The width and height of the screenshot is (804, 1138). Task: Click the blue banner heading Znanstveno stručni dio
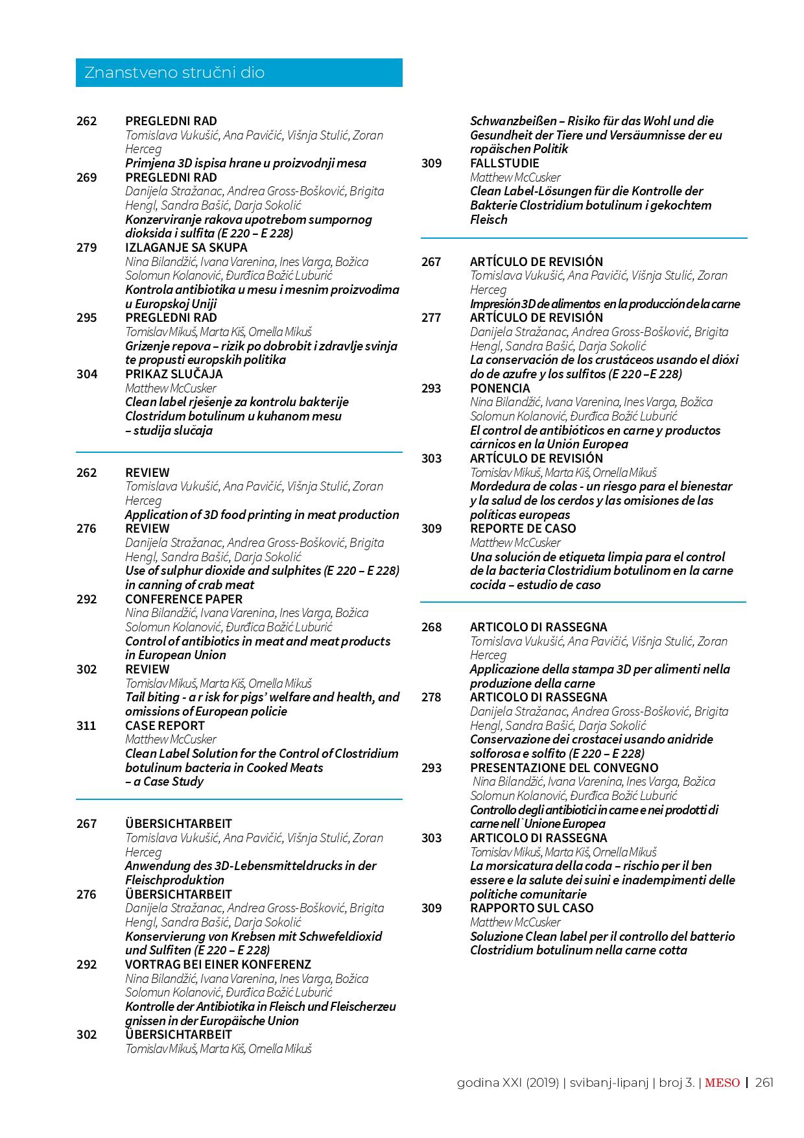pos(239,73)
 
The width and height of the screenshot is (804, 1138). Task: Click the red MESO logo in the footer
pos(722,1082)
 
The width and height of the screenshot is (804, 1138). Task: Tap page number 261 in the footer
pos(764,1082)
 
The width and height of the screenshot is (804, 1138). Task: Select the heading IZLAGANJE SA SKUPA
pos(186,247)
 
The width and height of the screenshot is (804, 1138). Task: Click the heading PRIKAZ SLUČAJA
pos(174,374)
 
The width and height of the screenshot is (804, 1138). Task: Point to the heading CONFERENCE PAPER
pos(184,599)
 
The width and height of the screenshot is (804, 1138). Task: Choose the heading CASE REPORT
pos(165,725)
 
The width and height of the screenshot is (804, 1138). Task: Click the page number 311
pos(86,725)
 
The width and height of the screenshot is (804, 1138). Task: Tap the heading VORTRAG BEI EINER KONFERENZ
pos(218,964)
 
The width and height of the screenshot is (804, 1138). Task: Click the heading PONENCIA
pos(500,388)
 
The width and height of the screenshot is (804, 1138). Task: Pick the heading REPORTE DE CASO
pos(523,528)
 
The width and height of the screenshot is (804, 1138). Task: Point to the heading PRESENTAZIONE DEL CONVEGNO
pos(564,768)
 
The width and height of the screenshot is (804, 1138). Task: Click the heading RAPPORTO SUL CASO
pos(532,908)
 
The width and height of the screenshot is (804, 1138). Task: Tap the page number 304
pos(86,374)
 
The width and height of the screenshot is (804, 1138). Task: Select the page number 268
pos(431,627)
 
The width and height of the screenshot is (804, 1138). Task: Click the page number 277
pos(431,317)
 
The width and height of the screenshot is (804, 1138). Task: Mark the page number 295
pos(86,317)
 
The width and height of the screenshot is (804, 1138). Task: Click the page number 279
pos(86,247)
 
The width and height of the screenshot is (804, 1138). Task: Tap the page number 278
pos(431,697)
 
